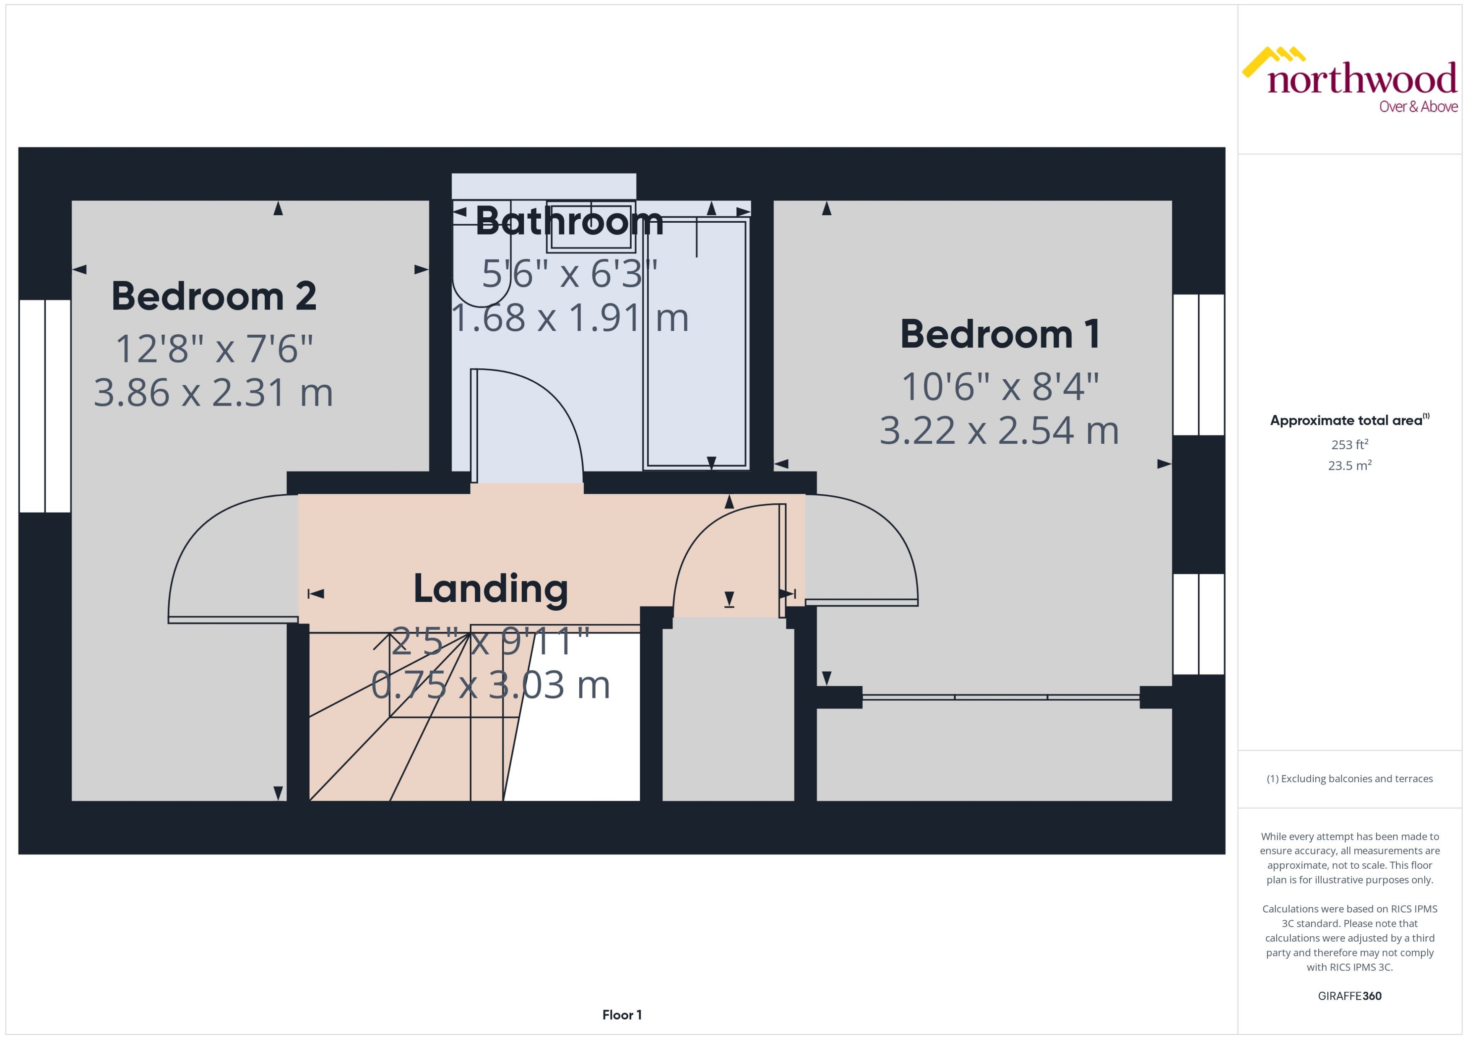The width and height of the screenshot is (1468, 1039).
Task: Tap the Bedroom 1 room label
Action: pyautogui.click(x=1000, y=335)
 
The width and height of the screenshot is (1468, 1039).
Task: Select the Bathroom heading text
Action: pyautogui.click(x=569, y=221)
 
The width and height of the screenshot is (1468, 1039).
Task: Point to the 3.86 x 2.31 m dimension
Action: pyautogui.click(x=213, y=393)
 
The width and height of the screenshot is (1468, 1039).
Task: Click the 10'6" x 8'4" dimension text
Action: pyautogui.click(x=1000, y=387)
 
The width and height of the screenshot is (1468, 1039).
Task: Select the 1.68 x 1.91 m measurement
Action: pyautogui.click(x=569, y=318)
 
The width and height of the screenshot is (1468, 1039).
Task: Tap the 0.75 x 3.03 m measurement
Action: pyautogui.click(x=491, y=685)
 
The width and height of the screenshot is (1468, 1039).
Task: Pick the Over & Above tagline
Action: pyautogui.click(x=1418, y=107)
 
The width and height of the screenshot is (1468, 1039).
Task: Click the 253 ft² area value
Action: pyautogui.click(x=1350, y=444)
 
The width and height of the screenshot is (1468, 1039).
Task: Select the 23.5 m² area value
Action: pyautogui.click(x=1350, y=465)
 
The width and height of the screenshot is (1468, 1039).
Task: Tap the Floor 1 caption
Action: pyautogui.click(x=622, y=1015)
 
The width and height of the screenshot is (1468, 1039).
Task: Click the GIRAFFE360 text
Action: pyautogui.click(x=1350, y=995)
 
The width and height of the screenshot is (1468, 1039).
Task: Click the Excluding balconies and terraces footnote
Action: pyautogui.click(x=1350, y=779)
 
